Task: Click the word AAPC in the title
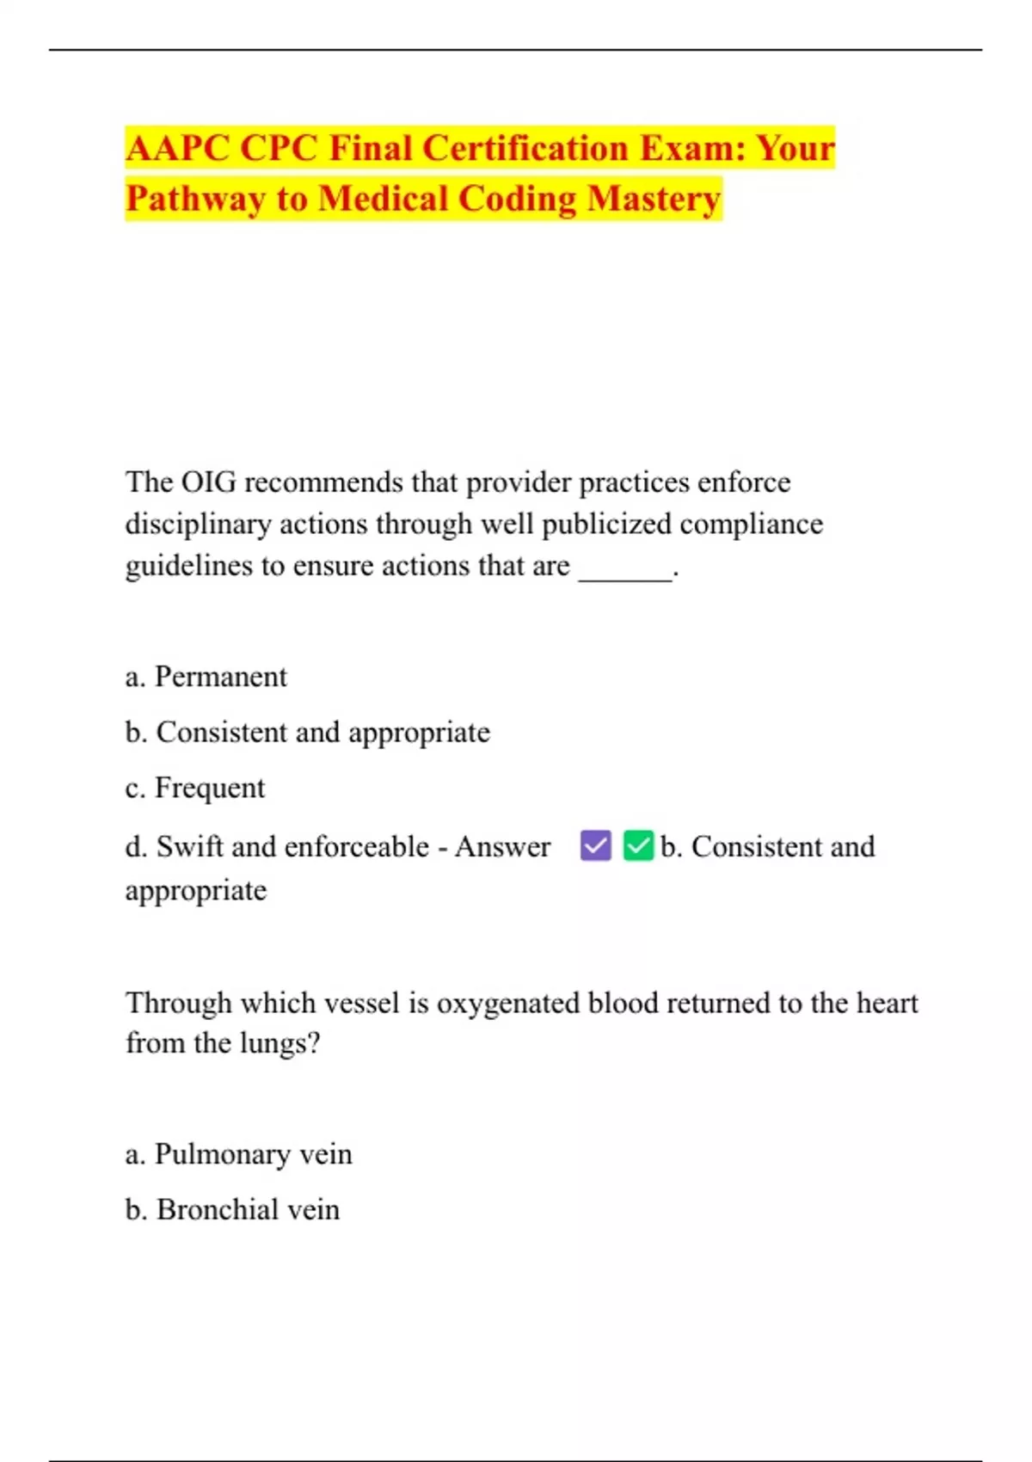(x=176, y=148)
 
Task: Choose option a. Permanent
(x=206, y=677)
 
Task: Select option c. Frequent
(x=195, y=788)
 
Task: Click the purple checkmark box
(x=595, y=845)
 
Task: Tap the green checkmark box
(x=638, y=845)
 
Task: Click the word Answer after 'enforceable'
(x=502, y=847)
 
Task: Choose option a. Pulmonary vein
(x=239, y=1154)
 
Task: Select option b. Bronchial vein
(x=232, y=1210)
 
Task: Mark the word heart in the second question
(x=887, y=1004)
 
